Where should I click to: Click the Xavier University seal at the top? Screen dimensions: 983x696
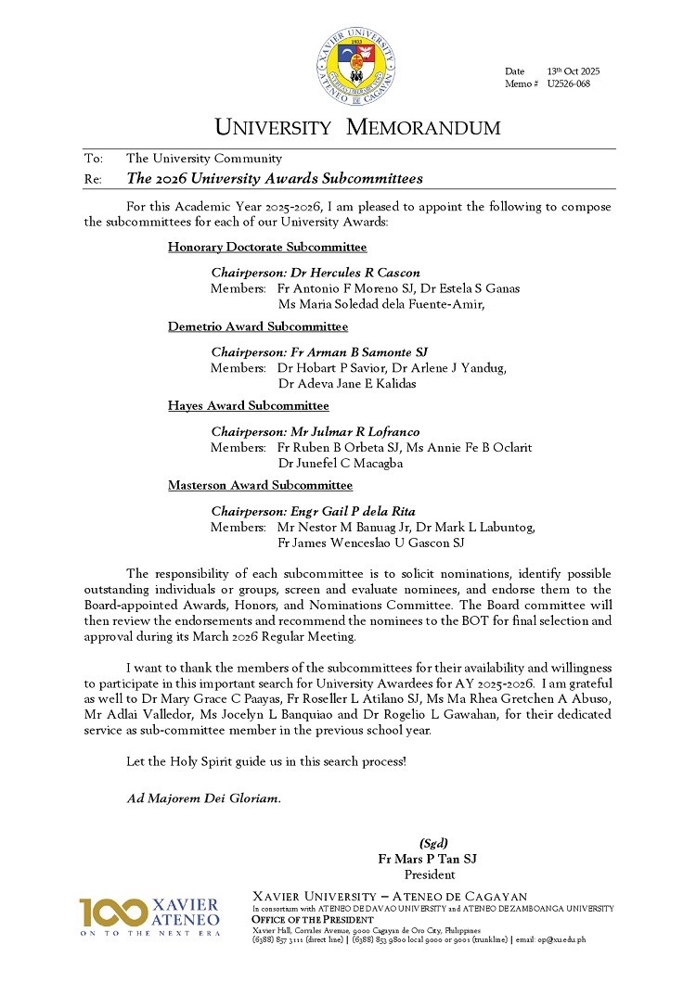tap(356, 67)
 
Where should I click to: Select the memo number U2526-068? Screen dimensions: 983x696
tap(568, 84)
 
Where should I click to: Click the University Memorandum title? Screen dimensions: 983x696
tap(357, 127)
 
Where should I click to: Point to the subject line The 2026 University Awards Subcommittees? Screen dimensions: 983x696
tap(275, 178)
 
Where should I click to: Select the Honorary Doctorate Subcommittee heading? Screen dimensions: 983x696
tap(267, 248)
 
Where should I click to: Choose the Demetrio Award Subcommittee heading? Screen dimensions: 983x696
tap(258, 326)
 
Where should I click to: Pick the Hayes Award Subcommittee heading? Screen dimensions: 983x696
tap(249, 406)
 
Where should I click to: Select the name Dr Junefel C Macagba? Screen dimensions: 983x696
tap(341, 464)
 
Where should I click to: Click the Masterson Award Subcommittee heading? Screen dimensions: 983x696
tap(261, 485)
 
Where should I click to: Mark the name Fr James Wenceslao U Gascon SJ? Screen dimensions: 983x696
tap(371, 543)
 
